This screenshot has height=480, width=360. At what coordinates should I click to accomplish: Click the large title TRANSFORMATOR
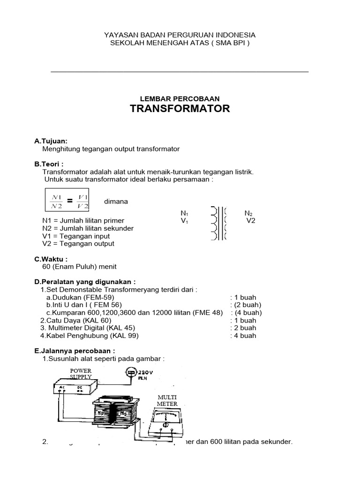tap(180, 109)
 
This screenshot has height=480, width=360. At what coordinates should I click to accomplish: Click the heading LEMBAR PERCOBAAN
tap(180, 98)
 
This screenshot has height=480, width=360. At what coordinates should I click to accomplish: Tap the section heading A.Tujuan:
tap(51, 141)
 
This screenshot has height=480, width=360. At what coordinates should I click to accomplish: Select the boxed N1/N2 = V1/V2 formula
tap(68, 201)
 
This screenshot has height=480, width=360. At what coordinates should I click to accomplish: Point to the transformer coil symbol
tap(219, 223)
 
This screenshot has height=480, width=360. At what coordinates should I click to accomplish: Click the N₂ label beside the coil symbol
tap(249, 213)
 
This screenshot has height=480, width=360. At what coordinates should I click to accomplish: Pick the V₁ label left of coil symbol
tap(184, 221)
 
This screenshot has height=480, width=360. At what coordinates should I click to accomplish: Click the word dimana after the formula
tap(116, 202)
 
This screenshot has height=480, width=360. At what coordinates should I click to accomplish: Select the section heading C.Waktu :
tap(51, 259)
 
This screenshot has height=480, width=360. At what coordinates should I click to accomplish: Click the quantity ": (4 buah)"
tap(246, 313)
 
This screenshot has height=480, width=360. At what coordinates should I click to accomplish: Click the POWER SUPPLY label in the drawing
tap(81, 374)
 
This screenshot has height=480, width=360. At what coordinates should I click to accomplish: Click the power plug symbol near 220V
tap(131, 373)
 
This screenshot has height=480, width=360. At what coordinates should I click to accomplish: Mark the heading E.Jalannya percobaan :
tap(75, 351)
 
